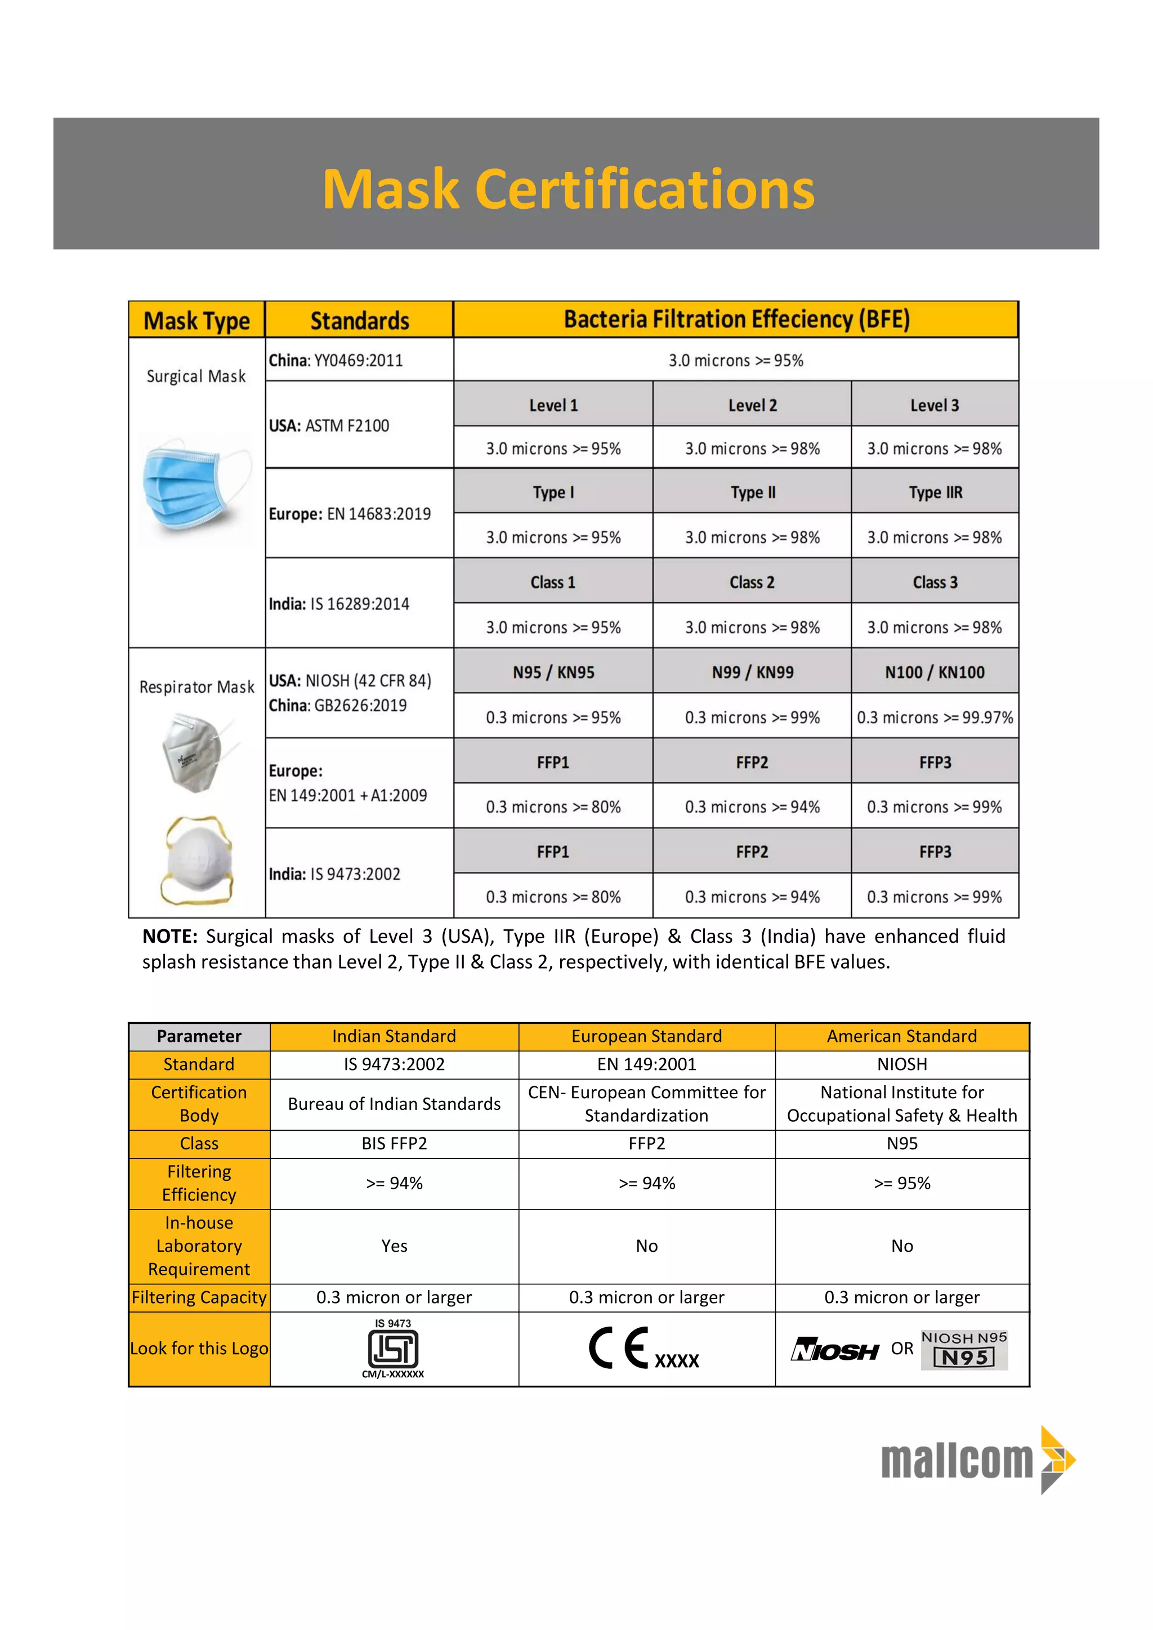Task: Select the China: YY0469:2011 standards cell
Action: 359,360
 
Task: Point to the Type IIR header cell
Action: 935,492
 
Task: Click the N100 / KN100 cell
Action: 935,671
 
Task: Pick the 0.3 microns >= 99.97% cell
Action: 935,717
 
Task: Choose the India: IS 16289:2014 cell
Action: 359,603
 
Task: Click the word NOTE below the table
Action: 169,937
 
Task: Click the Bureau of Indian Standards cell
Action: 394,1103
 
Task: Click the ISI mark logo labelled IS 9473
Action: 394,1347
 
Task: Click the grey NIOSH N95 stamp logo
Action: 964,1349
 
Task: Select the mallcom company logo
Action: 978,1459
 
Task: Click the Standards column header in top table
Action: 359,320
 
